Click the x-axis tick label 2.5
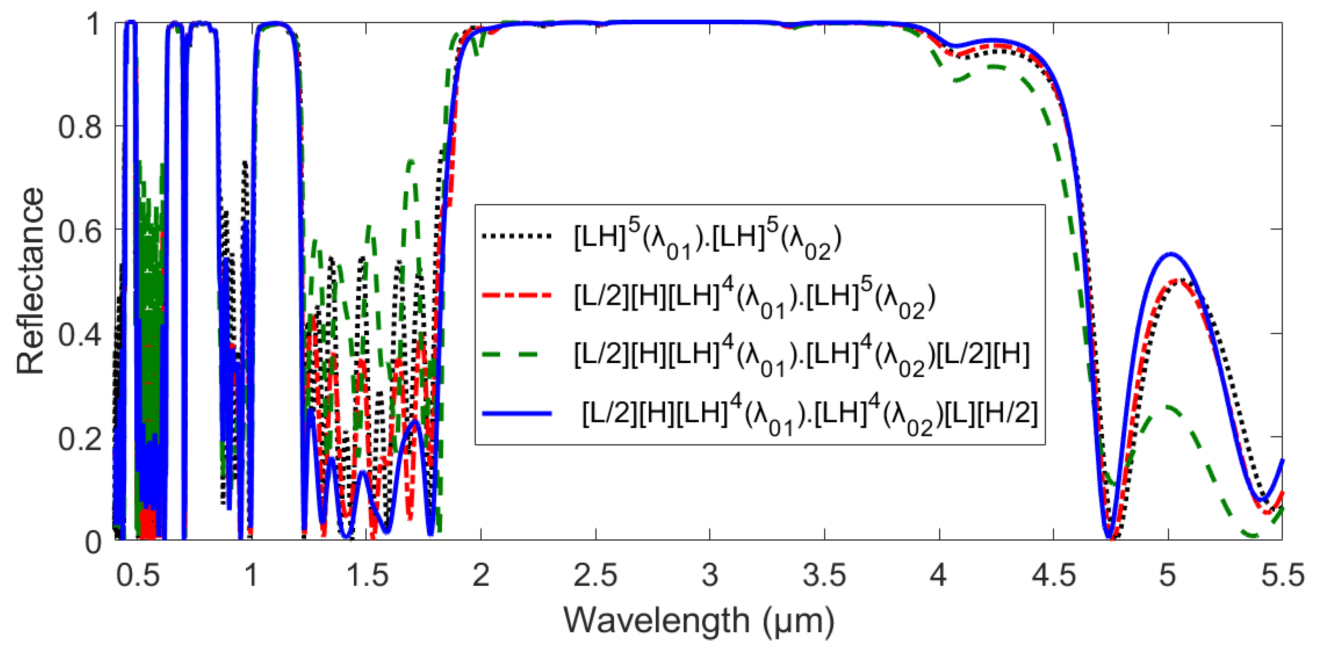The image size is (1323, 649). [595, 576]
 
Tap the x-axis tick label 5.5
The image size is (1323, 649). [1282, 576]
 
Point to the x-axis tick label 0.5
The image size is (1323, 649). [137, 576]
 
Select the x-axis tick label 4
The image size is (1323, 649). [938, 576]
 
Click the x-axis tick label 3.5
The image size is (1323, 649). [824, 576]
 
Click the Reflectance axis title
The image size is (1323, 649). [31, 281]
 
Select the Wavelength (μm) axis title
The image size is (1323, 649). [698, 621]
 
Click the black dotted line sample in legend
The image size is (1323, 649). [516, 236]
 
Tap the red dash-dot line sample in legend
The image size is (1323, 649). [516, 296]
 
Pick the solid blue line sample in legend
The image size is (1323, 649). [516, 413]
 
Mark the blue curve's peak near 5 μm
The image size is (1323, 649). [1170, 254]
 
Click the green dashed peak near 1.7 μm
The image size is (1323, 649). [410, 161]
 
